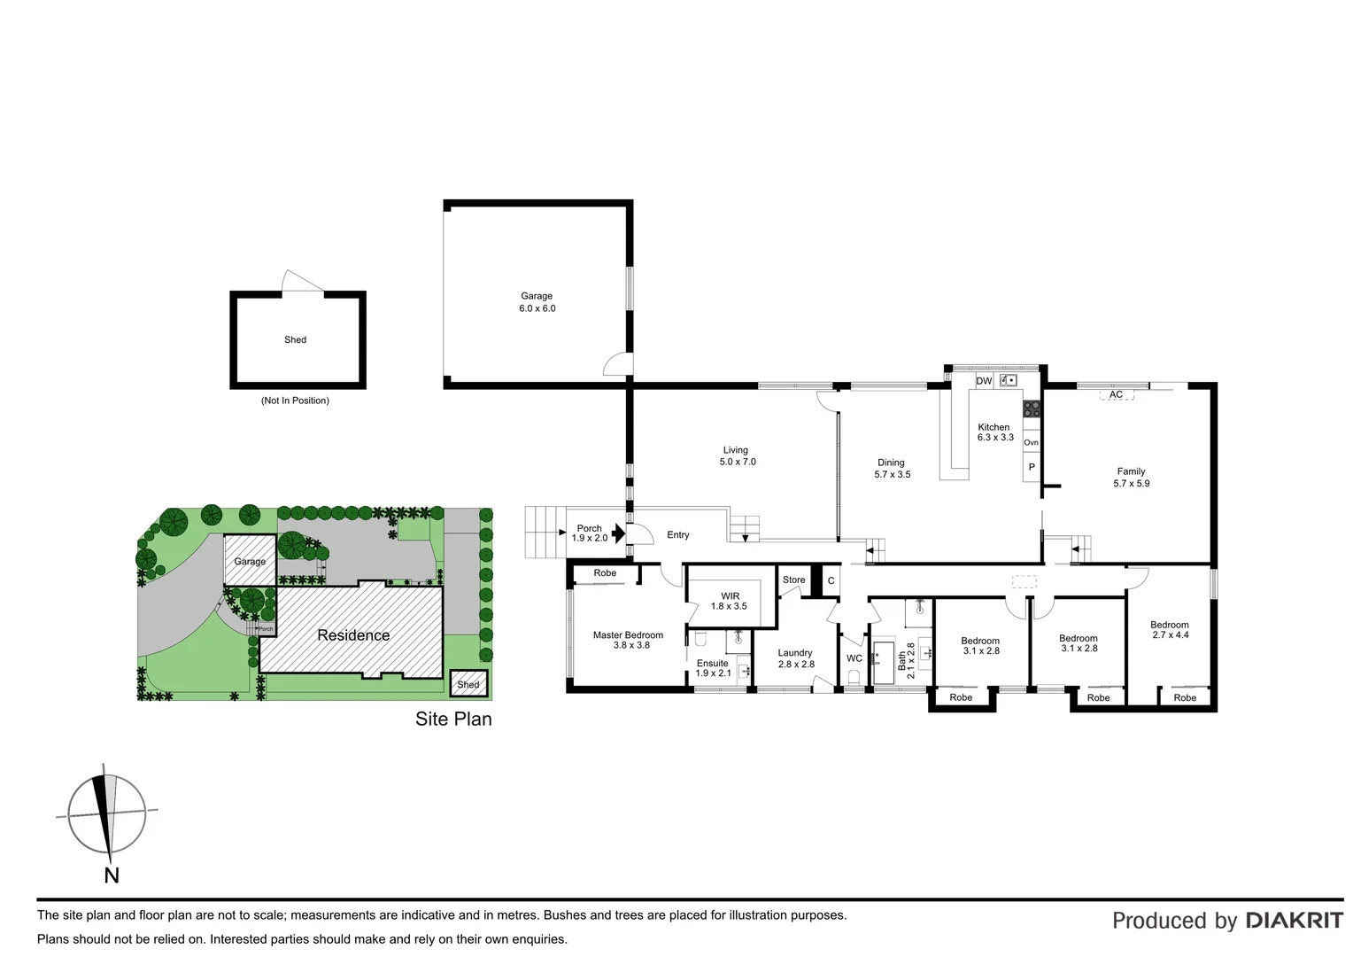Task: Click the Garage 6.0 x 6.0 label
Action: click(x=537, y=302)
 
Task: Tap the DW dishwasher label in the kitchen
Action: click(x=984, y=381)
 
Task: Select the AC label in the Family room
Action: click(x=1116, y=394)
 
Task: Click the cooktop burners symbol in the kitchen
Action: click(x=1032, y=408)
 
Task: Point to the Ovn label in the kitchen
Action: click(x=1031, y=442)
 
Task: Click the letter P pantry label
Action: click(x=1032, y=467)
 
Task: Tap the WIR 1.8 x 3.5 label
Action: click(x=730, y=601)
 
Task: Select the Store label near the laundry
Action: click(x=793, y=580)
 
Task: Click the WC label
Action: click(x=854, y=658)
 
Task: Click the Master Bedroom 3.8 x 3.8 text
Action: click(x=628, y=640)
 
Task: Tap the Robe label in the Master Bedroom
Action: click(x=605, y=573)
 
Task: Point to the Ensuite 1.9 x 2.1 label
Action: click(x=713, y=668)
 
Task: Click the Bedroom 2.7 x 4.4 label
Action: click(x=1170, y=629)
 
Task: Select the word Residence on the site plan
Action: click(x=353, y=635)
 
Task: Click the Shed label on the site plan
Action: click(x=468, y=684)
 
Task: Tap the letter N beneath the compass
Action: click(x=112, y=875)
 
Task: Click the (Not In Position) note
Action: click(x=295, y=401)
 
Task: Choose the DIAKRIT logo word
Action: click(x=1294, y=921)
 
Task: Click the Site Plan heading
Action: click(x=453, y=719)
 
